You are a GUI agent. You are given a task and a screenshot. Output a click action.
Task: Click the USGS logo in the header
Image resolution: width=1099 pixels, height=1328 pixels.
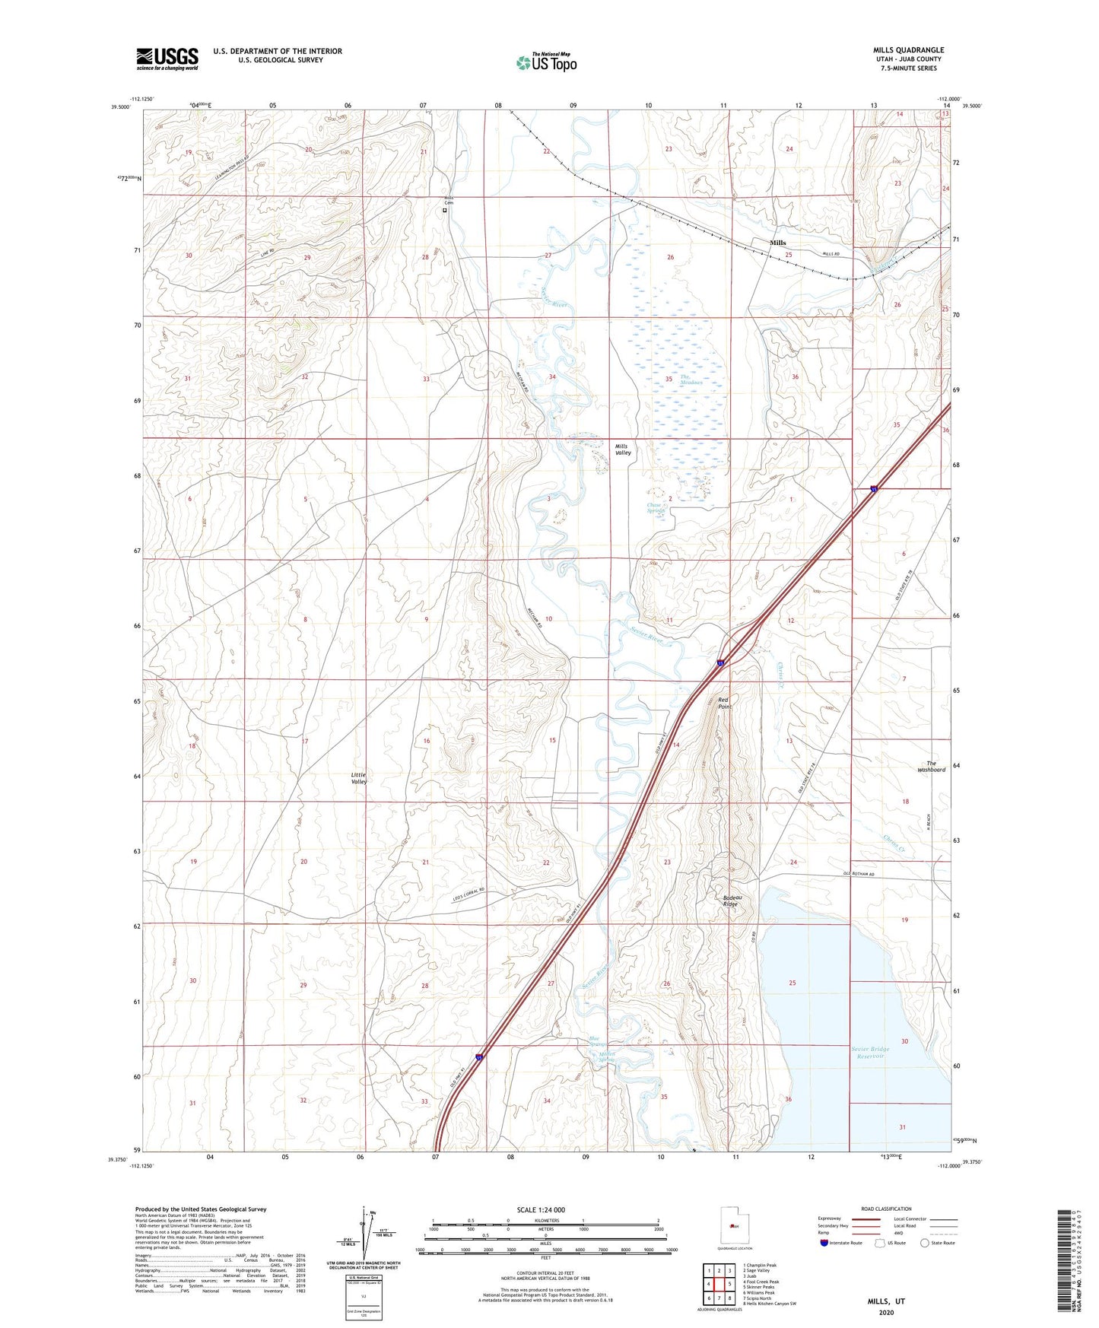pyautogui.click(x=167, y=59)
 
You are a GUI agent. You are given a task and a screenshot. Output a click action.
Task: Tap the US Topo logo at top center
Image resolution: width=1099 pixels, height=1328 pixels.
pyautogui.click(x=545, y=62)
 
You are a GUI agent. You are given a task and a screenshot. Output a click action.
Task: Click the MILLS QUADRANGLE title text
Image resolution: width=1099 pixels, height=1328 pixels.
pyautogui.click(x=908, y=50)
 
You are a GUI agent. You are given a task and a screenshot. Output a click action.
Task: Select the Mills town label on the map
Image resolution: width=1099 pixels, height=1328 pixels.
pyautogui.click(x=777, y=243)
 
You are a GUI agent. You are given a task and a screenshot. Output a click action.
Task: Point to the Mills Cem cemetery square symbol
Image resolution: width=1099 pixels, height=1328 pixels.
pyautogui.click(x=445, y=211)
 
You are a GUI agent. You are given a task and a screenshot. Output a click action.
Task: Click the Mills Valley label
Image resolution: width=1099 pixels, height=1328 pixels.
pyautogui.click(x=623, y=450)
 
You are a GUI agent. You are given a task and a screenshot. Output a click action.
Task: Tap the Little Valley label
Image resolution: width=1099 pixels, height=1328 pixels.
pyautogui.click(x=359, y=778)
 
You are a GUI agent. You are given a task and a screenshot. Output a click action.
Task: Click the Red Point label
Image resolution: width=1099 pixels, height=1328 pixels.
pyautogui.click(x=725, y=703)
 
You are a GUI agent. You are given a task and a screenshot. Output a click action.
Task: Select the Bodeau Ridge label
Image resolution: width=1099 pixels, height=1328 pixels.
pyautogui.click(x=731, y=901)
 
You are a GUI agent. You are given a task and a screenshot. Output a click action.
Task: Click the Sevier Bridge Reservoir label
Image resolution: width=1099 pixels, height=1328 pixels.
pyautogui.click(x=870, y=1052)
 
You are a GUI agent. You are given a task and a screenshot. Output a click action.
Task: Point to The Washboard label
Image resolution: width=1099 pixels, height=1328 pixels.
pyautogui.click(x=931, y=767)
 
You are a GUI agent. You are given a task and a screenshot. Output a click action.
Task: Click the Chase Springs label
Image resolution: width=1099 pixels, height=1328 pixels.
pyautogui.click(x=655, y=508)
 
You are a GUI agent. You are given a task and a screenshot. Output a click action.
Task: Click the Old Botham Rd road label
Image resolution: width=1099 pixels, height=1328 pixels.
pyautogui.click(x=859, y=874)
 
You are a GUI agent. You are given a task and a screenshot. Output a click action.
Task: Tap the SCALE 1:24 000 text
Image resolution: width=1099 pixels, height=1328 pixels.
pyautogui.click(x=540, y=1209)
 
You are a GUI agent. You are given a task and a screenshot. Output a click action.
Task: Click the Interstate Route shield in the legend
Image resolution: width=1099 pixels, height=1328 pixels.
pyautogui.click(x=824, y=1243)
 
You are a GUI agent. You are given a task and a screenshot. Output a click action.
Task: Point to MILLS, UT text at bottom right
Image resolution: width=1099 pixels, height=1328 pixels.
pyautogui.click(x=886, y=1301)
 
